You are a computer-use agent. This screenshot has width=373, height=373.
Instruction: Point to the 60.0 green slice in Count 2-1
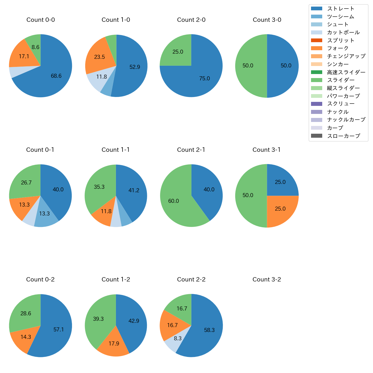tap(175, 201)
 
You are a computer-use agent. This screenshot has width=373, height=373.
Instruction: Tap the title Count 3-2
tap(267, 279)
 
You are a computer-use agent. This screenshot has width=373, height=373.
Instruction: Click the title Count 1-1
tap(116, 150)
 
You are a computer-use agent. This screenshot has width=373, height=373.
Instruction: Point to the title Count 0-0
tap(40, 20)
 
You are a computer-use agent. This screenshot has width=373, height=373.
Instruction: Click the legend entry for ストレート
tap(341, 9)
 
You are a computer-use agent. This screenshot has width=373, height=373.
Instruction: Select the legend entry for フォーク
tap(338, 48)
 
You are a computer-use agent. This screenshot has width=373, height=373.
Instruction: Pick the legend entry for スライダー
tap(341, 80)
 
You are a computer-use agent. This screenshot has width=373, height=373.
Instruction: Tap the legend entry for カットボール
tap(343, 32)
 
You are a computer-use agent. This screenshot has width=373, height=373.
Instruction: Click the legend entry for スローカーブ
tap(343, 136)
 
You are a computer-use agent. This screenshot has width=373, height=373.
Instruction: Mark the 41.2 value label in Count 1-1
tap(134, 191)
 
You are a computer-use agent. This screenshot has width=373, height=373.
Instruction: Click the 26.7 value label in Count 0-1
tap(26, 183)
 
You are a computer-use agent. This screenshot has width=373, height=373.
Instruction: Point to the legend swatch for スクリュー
tap(316, 104)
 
